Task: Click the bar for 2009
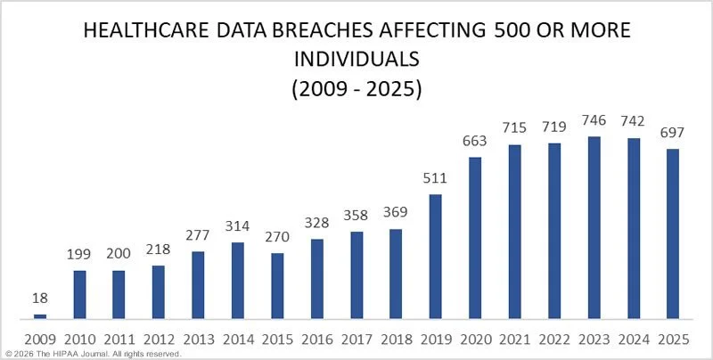(x=40, y=315)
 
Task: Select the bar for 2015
(x=277, y=285)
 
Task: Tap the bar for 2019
(x=436, y=256)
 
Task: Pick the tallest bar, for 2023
(x=594, y=227)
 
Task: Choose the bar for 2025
(x=673, y=233)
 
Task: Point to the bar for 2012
(x=159, y=291)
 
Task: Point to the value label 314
(x=238, y=227)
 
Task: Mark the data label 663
(x=475, y=142)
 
